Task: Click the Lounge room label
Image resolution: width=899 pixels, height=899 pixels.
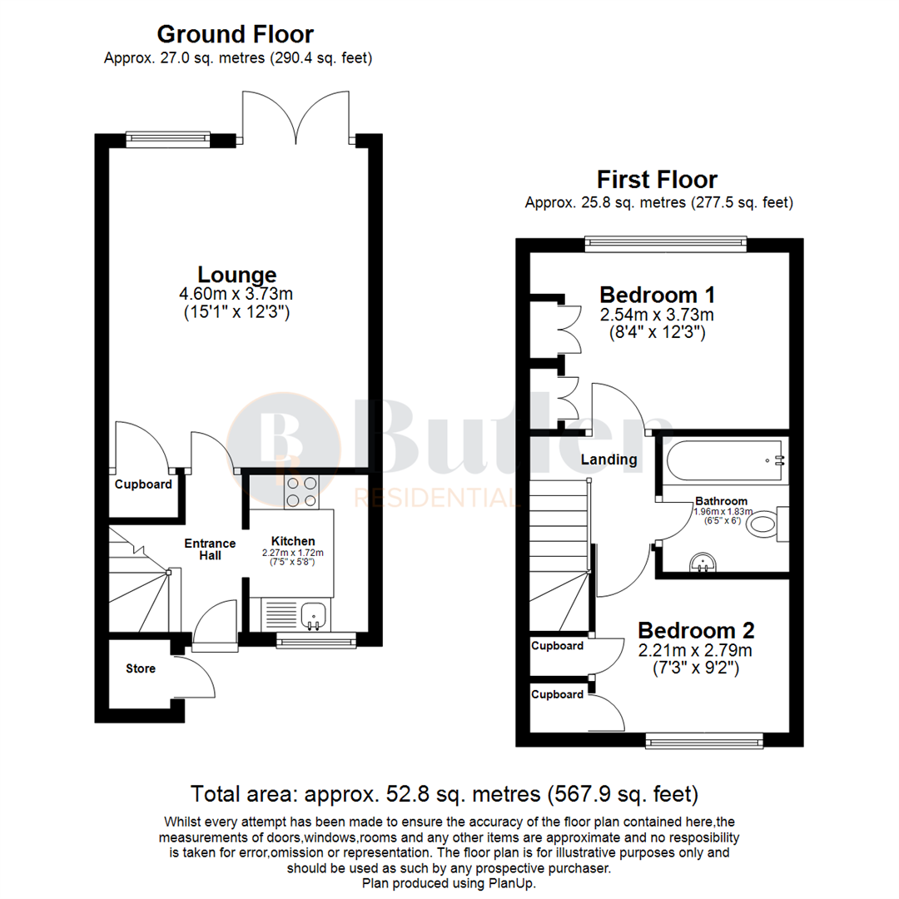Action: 236,274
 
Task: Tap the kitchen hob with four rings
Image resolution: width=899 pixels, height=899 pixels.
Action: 300,491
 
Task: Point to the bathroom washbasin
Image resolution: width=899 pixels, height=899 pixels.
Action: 704,564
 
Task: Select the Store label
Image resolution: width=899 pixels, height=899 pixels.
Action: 141,668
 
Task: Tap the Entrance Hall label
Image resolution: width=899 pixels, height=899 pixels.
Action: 210,549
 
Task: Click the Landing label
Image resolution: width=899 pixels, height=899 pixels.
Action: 608,459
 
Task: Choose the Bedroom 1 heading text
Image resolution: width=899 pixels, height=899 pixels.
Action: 658,295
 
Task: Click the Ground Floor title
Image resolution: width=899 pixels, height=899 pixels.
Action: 236,34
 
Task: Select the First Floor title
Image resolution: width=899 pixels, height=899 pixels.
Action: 657,179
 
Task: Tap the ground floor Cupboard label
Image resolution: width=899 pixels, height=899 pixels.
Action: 143,484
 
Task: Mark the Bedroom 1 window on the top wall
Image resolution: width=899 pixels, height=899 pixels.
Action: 665,243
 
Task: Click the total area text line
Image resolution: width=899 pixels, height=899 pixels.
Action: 445,792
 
